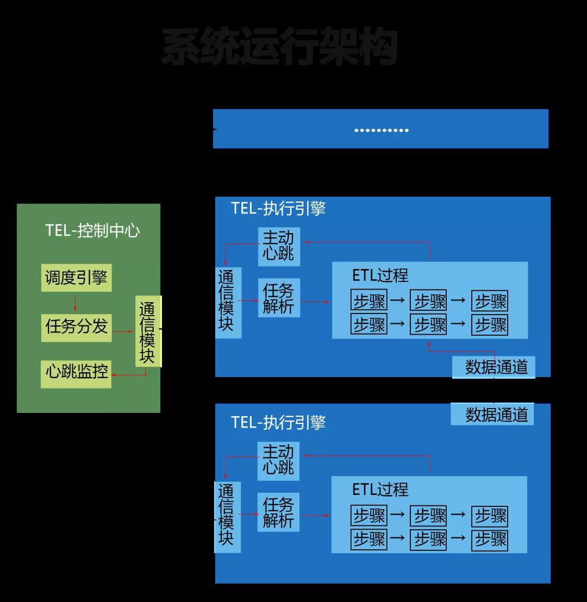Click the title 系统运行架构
(x=279, y=48)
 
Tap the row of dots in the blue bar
(x=381, y=130)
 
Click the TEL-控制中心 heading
(x=92, y=231)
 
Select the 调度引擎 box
(x=76, y=278)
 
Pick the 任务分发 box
(x=76, y=327)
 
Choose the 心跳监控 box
(x=76, y=372)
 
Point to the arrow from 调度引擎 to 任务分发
(x=75, y=303)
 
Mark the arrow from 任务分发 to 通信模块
(x=123, y=331)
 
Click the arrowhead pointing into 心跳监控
(x=114, y=375)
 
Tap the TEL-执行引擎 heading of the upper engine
(x=278, y=209)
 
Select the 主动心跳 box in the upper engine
(x=278, y=246)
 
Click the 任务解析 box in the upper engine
(x=278, y=298)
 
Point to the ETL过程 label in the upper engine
(x=380, y=275)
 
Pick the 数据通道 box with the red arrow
(x=494, y=367)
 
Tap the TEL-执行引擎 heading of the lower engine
(x=278, y=423)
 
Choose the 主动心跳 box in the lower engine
(x=278, y=460)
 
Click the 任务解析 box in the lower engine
(x=278, y=512)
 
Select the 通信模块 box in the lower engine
(x=227, y=516)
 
